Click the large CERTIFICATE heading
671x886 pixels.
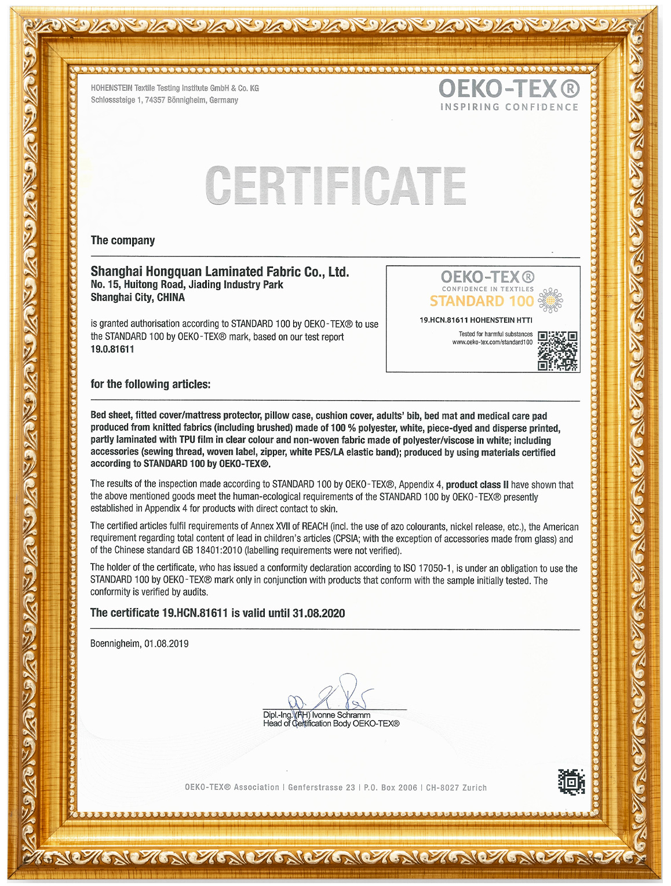point(335,186)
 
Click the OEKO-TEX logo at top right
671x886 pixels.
point(509,89)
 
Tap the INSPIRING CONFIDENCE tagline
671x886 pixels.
point(509,107)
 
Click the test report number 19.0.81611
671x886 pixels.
point(112,349)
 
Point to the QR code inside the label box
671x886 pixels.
point(557,351)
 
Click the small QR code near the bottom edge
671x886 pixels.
point(571,782)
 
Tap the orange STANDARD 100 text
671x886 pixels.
point(482,301)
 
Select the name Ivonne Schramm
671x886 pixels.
point(341,715)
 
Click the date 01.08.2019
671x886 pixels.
point(166,643)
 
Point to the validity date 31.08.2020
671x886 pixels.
point(318,613)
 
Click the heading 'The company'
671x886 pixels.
point(123,240)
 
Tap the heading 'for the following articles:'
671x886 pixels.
point(151,384)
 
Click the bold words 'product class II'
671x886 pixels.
point(477,485)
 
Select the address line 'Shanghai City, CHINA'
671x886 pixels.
point(138,298)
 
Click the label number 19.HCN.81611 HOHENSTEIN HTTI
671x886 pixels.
point(476,320)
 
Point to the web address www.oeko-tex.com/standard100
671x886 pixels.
point(492,342)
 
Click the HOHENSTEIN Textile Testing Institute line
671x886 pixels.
point(174,88)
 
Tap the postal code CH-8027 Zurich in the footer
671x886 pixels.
point(456,788)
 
